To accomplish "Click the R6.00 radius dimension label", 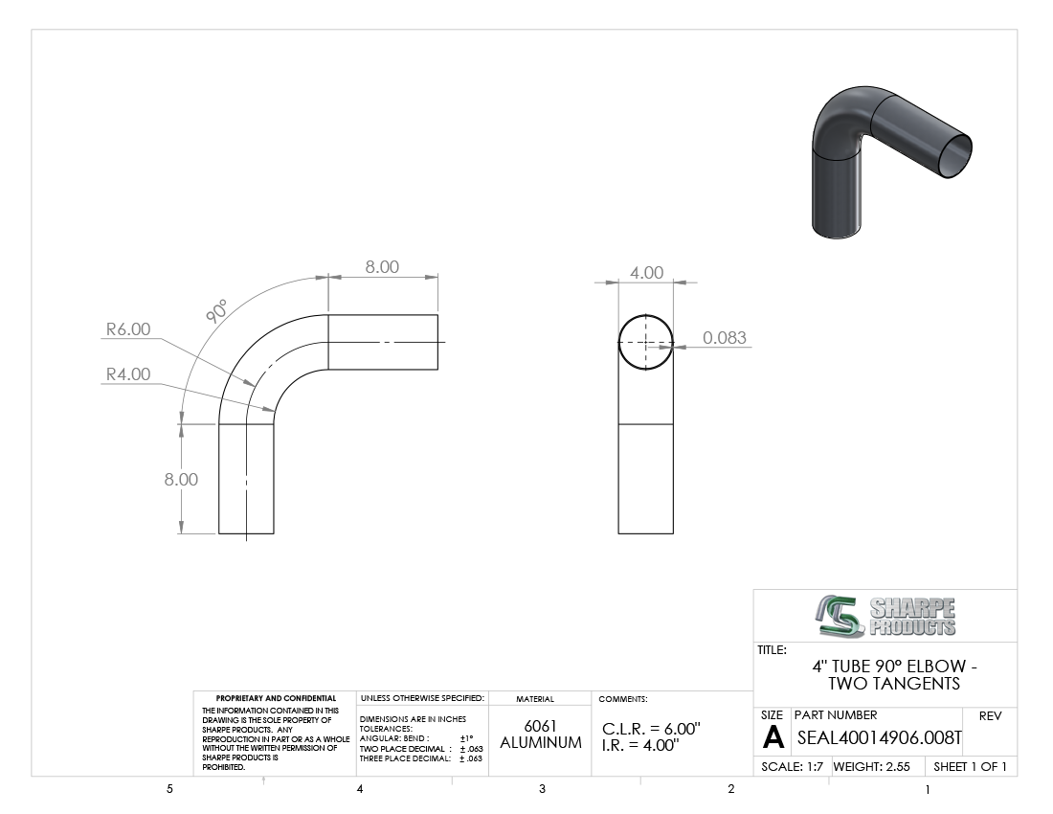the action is (128, 329).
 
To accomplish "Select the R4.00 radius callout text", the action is (128, 374).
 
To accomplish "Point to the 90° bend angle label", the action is (216, 311).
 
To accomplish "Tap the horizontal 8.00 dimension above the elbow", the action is (382, 266).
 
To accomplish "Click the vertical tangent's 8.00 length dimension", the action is (181, 479).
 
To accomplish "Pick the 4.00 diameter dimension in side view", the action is (647, 273).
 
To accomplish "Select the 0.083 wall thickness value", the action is (725, 337).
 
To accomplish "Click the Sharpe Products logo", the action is (885, 616).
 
